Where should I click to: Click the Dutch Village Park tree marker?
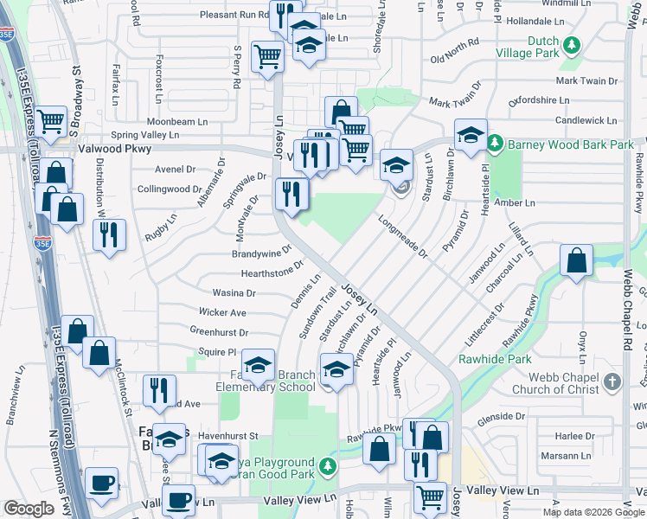(571, 45)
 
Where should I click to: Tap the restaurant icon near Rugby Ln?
(109, 235)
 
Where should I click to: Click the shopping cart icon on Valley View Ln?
(430, 497)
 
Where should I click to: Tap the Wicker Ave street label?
(222, 312)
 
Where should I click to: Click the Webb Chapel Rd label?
(629, 311)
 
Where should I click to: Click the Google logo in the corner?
(29, 509)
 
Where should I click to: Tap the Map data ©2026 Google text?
(593, 512)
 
